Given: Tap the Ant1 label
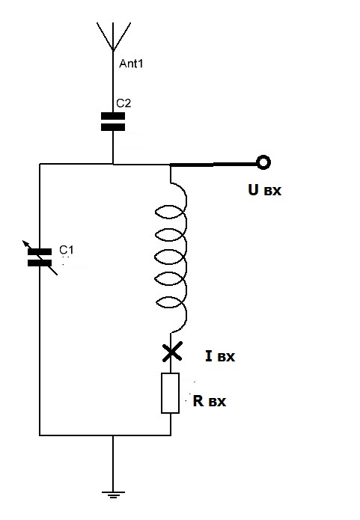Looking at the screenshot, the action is pos(131,64).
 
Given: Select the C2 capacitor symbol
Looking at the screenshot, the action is pos(113,121).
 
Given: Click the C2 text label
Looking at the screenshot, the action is pos(123,103).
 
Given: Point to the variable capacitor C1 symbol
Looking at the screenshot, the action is pos(40,257).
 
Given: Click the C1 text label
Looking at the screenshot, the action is pos(67,249).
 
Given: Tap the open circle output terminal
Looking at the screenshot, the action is pos(263,163).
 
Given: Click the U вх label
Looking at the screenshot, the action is pos(264,190).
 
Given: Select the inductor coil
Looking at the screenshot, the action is pos(171,257).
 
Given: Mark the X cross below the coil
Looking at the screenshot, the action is pos(172,352).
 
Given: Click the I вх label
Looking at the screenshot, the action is pos(220,356).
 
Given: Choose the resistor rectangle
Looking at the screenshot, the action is pos(170,393).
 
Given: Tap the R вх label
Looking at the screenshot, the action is pos(210,401).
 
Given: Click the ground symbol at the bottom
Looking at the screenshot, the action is pos(113,495).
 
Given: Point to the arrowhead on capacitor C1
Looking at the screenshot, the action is pos(25,243).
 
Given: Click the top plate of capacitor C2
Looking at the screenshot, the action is pos(113,116).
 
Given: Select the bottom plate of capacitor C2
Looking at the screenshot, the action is pos(113,127).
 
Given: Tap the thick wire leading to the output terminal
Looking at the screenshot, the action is pos(213,164).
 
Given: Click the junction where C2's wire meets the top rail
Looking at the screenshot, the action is pos(113,164).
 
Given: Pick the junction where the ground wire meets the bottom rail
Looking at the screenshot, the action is pos(113,435).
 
